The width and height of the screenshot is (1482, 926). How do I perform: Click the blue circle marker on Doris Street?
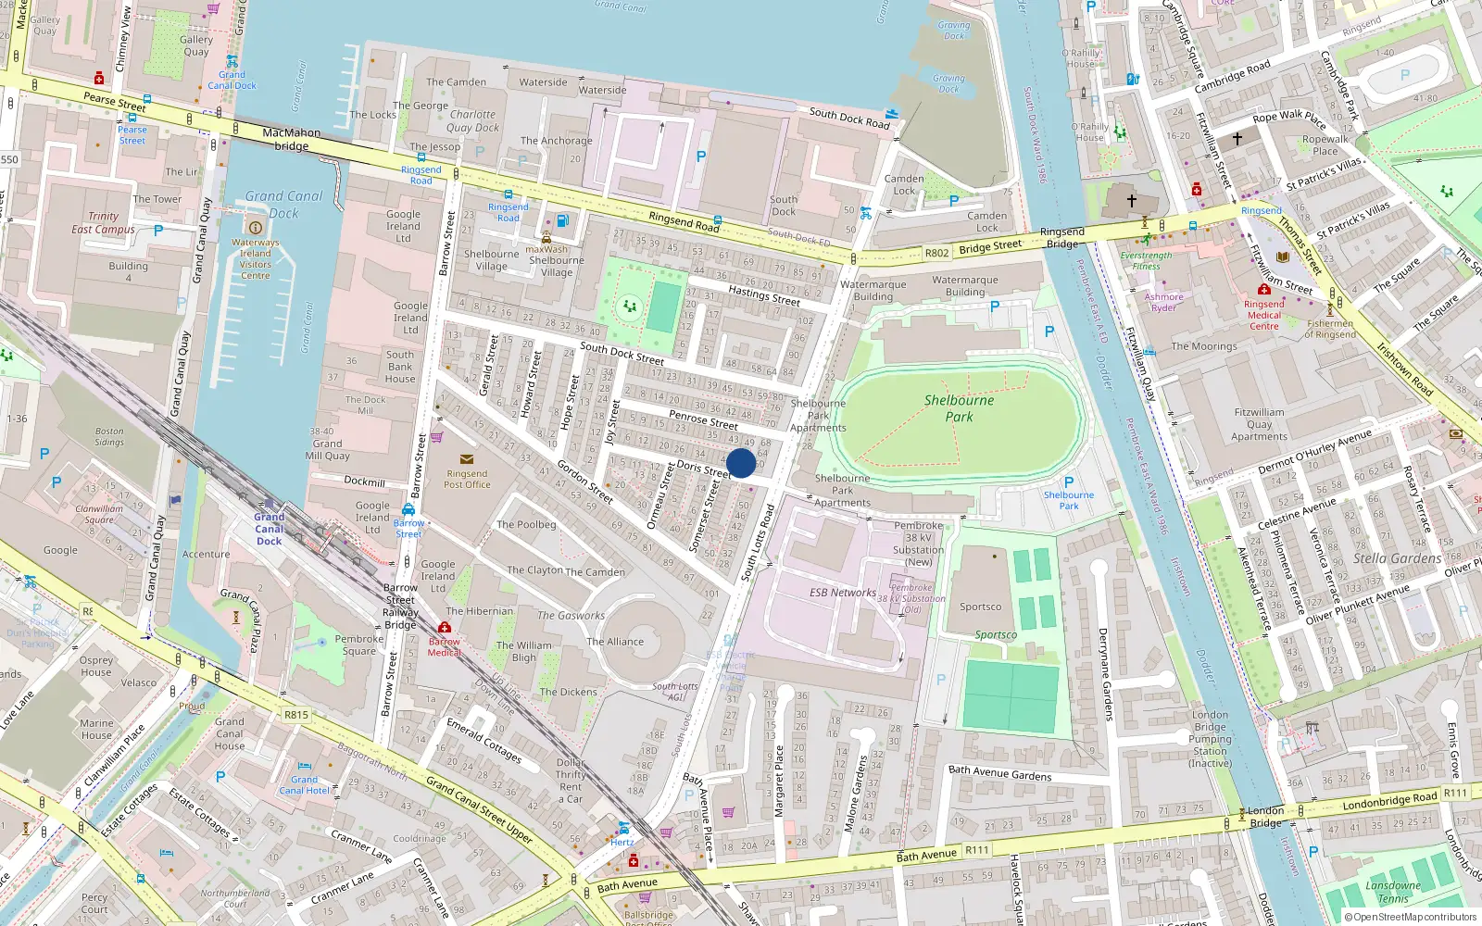pyautogui.click(x=741, y=463)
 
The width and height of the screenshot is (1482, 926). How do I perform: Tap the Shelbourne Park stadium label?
pyautogui.click(x=959, y=408)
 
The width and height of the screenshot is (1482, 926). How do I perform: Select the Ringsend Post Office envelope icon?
pyautogui.click(x=466, y=459)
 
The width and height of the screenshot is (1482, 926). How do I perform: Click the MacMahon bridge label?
pyautogui.click(x=291, y=139)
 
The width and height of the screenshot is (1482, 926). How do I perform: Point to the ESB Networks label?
pyautogui.click(x=842, y=593)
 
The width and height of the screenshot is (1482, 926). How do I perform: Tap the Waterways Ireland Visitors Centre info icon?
pyautogui.click(x=256, y=228)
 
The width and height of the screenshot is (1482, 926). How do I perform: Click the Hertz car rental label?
pyautogui.click(x=622, y=843)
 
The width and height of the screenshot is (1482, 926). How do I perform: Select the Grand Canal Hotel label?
pyautogui.click(x=304, y=785)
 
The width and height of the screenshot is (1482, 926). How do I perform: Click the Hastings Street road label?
pyautogui.click(x=763, y=294)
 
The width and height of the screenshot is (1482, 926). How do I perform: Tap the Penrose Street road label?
pyautogui.click(x=703, y=419)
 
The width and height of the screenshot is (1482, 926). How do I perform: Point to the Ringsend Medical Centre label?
pyautogui.click(x=1263, y=315)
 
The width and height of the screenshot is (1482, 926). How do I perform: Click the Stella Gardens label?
pyautogui.click(x=1397, y=558)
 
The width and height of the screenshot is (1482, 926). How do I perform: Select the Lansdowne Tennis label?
pyautogui.click(x=1392, y=892)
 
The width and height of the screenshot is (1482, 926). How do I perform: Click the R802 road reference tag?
pyautogui.click(x=936, y=253)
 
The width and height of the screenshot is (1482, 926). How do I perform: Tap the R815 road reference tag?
pyautogui.click(x=296, y=715)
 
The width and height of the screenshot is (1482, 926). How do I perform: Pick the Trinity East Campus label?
pyautogui.click(x=103, y=222)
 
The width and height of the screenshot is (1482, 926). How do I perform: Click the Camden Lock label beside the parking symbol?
pyautogui.click(x=904, y=184)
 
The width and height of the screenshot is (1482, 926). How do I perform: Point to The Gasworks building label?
pyautogui.click(x=571, y=615)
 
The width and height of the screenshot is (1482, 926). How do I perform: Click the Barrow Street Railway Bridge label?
pyautogui.click(x=400, y=607)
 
